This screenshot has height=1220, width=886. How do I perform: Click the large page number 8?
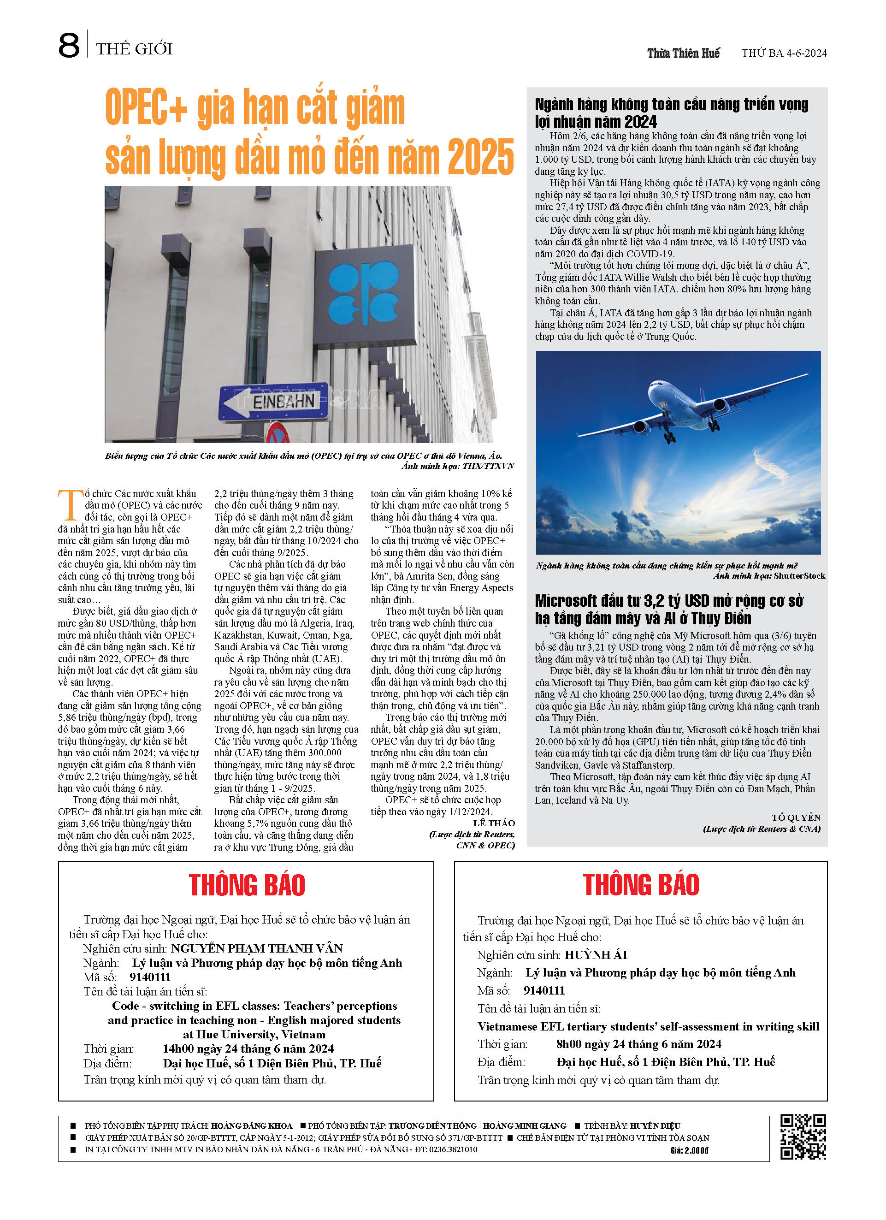(x=69, y=46)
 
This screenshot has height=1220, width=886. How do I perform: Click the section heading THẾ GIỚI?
(x=134, y=49)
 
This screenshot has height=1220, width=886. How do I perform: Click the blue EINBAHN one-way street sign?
(x=274, y=401)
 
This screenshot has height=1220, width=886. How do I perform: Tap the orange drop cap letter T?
(x=70, y=506)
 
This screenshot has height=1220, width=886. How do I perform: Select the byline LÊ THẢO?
(x=494, y=823)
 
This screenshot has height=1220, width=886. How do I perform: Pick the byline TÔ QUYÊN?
(x=796, y=817)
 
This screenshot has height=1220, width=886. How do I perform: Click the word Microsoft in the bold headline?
(x=566, y=601)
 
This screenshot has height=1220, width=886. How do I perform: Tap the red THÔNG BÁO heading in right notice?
(x=641, y=885)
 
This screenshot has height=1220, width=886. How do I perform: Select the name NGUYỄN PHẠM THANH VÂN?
(x=257, y=948)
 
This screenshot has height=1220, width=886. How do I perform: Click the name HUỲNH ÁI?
(x=596, y=955)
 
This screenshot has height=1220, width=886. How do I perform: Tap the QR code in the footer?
(x=803, y=1137)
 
